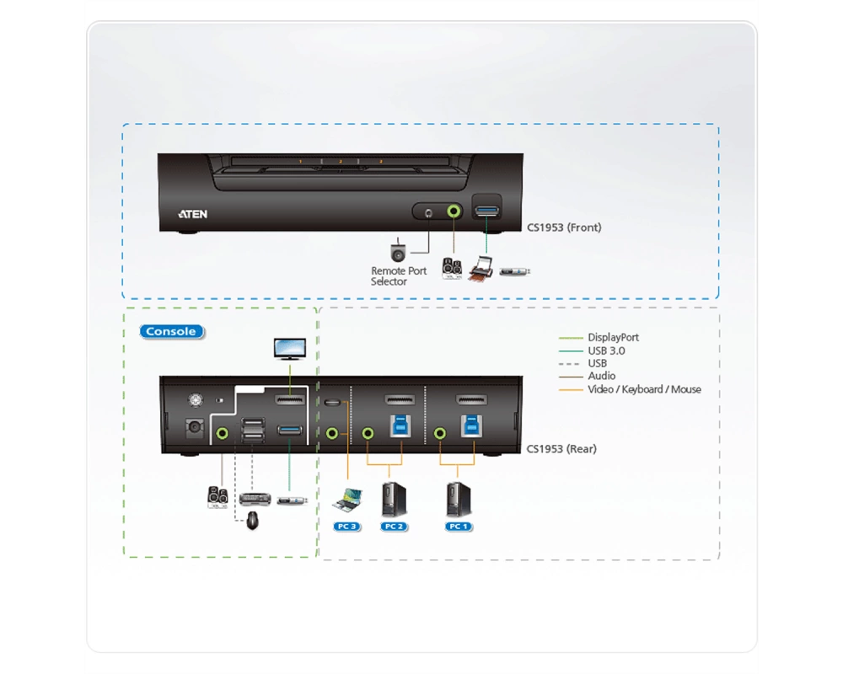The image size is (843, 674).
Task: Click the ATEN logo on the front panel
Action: pos(192,214)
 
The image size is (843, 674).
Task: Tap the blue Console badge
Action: pos(171,332)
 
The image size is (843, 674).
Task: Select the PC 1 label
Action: pos(459,527)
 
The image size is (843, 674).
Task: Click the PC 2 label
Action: pos(394,527)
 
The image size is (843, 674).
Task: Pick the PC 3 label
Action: pos(346,527)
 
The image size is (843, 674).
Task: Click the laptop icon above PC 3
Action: pos(347,500)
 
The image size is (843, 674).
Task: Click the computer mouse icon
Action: pos(252,521)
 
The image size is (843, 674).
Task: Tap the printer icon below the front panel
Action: pos(481,269)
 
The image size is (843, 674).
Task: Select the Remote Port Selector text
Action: pos(399,276)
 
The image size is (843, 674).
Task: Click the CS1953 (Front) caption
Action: pos(564,227)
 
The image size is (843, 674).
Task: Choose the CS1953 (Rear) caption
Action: pos(561,449)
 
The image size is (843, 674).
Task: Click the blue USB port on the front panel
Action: pos(486,210)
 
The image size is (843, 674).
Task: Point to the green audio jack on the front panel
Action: pos(454,211)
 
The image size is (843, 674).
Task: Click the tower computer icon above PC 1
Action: pos(459,500)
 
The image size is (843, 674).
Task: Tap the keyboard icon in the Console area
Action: pos(255,500)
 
